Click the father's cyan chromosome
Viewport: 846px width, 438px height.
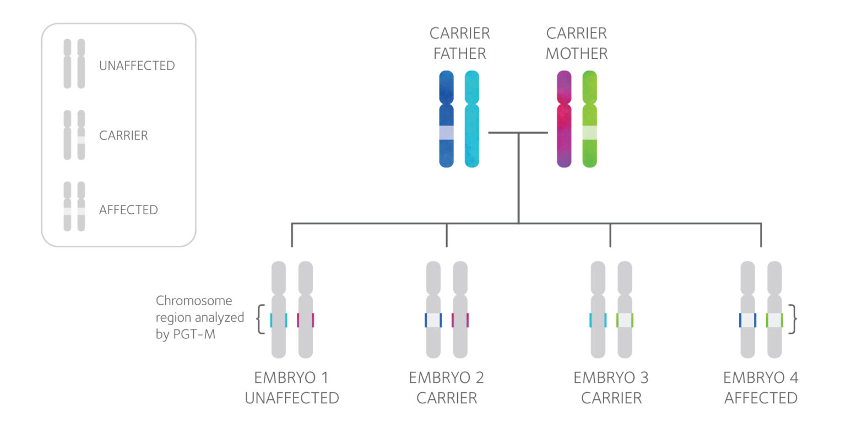(472, 118)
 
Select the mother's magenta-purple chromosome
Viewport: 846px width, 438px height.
(564, 118)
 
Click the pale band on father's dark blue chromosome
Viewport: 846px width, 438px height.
(446, 132)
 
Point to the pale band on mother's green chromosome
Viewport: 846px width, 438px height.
(589, 132)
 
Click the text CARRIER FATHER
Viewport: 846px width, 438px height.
(459, 44)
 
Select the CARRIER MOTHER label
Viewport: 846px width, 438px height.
(576, 44)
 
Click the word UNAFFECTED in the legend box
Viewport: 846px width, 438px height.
(137, 66)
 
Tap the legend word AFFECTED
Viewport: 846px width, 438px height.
(128, 210)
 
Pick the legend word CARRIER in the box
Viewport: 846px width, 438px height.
(123, 136)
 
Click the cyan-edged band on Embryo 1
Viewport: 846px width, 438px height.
(279, 320)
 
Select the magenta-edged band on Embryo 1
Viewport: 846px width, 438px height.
(305, 320)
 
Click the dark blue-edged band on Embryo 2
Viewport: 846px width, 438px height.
(433, 320)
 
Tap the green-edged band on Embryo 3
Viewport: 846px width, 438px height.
(625, 320)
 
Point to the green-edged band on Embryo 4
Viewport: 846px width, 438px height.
(774, 320)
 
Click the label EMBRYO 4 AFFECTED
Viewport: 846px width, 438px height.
(761, 388)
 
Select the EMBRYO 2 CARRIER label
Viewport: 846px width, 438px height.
(446, 388)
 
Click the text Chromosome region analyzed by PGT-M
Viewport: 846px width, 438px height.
(199, 317)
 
